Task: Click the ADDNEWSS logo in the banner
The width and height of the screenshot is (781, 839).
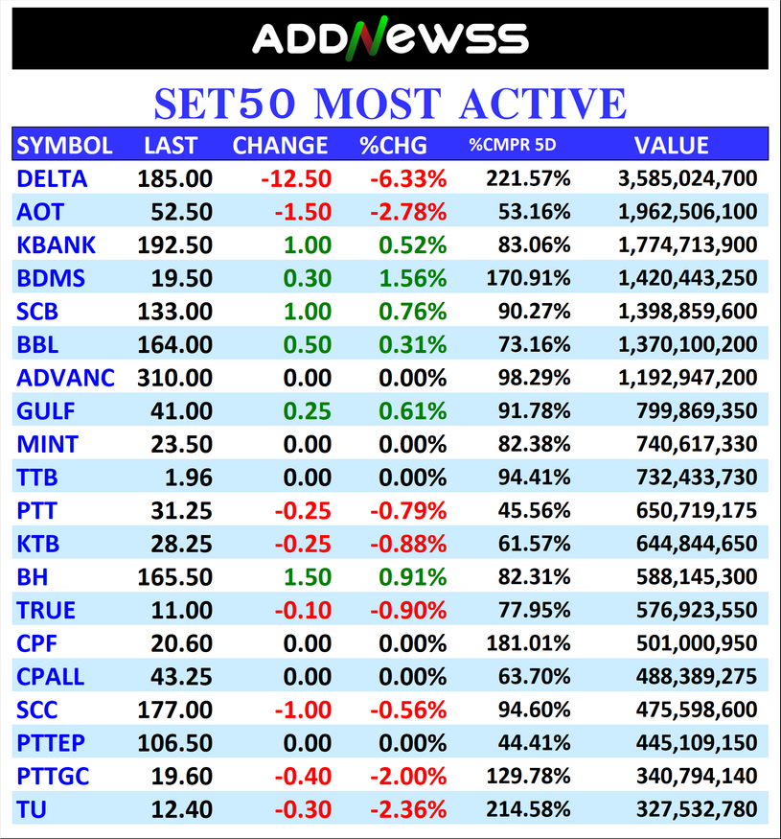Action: (390, 39)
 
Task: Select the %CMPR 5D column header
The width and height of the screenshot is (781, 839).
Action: (512, 146)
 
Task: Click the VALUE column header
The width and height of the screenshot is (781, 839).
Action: (672, 146)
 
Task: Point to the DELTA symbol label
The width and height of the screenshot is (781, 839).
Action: (52, 178)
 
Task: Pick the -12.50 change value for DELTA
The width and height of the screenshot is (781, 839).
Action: (295, 178)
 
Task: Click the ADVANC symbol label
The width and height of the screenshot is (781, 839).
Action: (65, 378)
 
